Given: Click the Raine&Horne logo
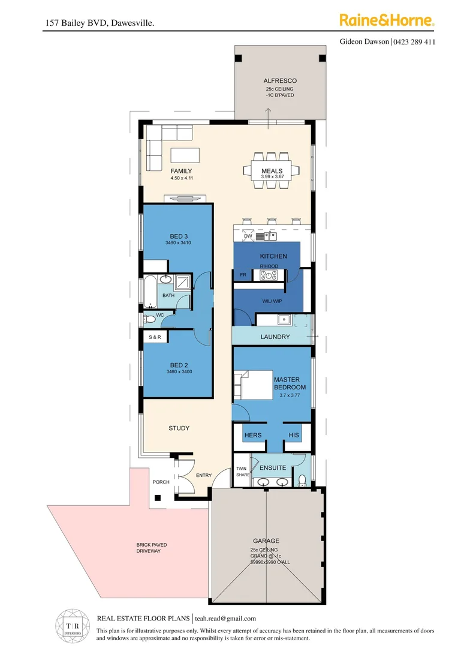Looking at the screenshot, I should (387, 20).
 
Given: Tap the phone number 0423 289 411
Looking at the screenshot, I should (414, 42).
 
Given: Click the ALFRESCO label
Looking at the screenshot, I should (280, 80).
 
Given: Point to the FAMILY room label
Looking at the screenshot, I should (181, 171).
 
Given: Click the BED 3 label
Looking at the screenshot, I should (179, 236).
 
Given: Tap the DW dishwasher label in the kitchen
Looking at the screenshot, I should (248, 236).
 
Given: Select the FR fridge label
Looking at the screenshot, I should (243, 275).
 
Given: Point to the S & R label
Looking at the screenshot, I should (155, 338).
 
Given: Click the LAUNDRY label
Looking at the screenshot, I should (275, 337).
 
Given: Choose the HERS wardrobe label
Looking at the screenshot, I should (252, 435).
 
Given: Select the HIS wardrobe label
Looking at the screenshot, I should (293, 435).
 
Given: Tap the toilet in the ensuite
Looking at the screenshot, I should (303, 479).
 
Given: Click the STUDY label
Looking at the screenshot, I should (179, 428).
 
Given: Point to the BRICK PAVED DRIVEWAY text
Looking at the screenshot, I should (148, 548).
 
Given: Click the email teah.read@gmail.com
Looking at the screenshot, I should (230, 619).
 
